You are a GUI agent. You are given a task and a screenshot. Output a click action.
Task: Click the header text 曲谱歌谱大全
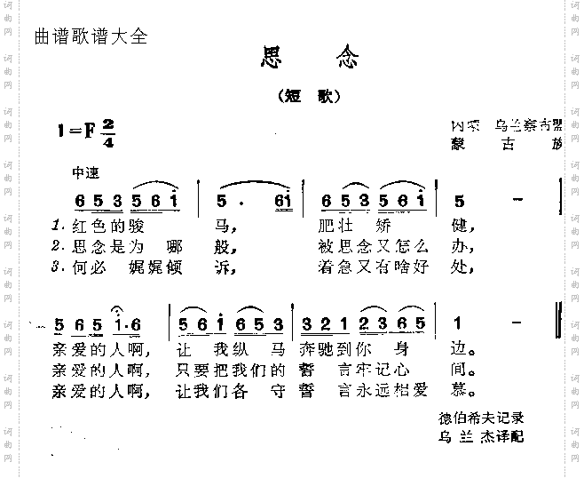89,37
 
